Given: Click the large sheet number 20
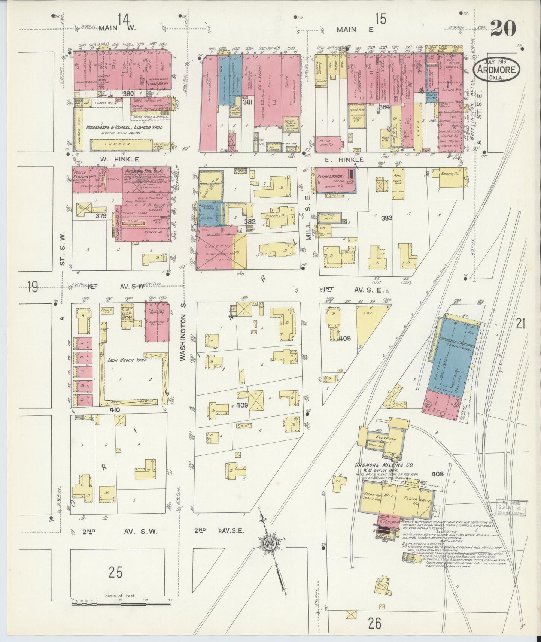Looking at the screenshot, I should point(503,28).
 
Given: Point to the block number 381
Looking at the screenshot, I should point(248,102).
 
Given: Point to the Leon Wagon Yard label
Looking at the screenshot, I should point(127,360).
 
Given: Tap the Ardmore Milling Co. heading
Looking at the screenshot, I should point(383,465).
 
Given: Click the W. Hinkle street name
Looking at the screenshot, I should point(114,159).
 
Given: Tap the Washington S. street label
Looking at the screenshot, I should point(183,337).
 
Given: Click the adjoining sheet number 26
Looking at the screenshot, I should point(374,623).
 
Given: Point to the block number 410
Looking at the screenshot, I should point(115,410).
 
